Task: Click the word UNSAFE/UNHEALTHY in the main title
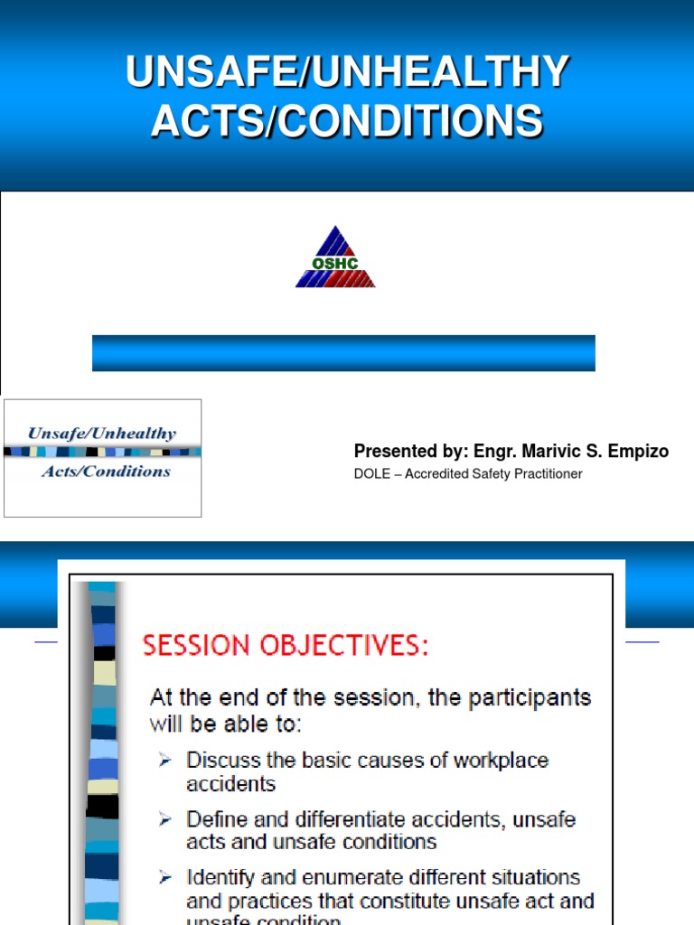347,72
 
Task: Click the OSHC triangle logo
335,257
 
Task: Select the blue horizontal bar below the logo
343,353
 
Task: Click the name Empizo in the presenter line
637,452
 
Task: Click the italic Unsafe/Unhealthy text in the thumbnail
102,434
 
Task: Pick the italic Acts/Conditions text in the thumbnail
105,472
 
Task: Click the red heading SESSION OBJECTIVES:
286,646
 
